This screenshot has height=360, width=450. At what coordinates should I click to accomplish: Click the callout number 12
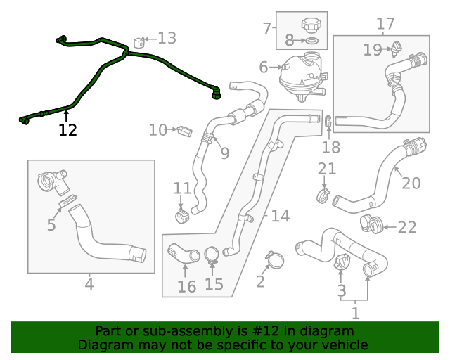click(x=67, y=130)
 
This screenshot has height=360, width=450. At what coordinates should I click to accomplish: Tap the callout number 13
click(x=167, y=38)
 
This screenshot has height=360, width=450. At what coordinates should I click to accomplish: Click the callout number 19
click(x=372, y=49)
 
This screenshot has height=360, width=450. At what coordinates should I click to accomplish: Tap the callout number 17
click(x=385, y=24)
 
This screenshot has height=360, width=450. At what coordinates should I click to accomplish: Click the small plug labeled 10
click(x=186, y=131)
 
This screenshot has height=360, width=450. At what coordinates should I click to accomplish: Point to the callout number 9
click(x=224, y=153)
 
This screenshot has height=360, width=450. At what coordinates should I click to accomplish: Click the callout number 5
click(x=51, y=225)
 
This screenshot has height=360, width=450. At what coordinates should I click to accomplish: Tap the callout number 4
click(x=89, y=284)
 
